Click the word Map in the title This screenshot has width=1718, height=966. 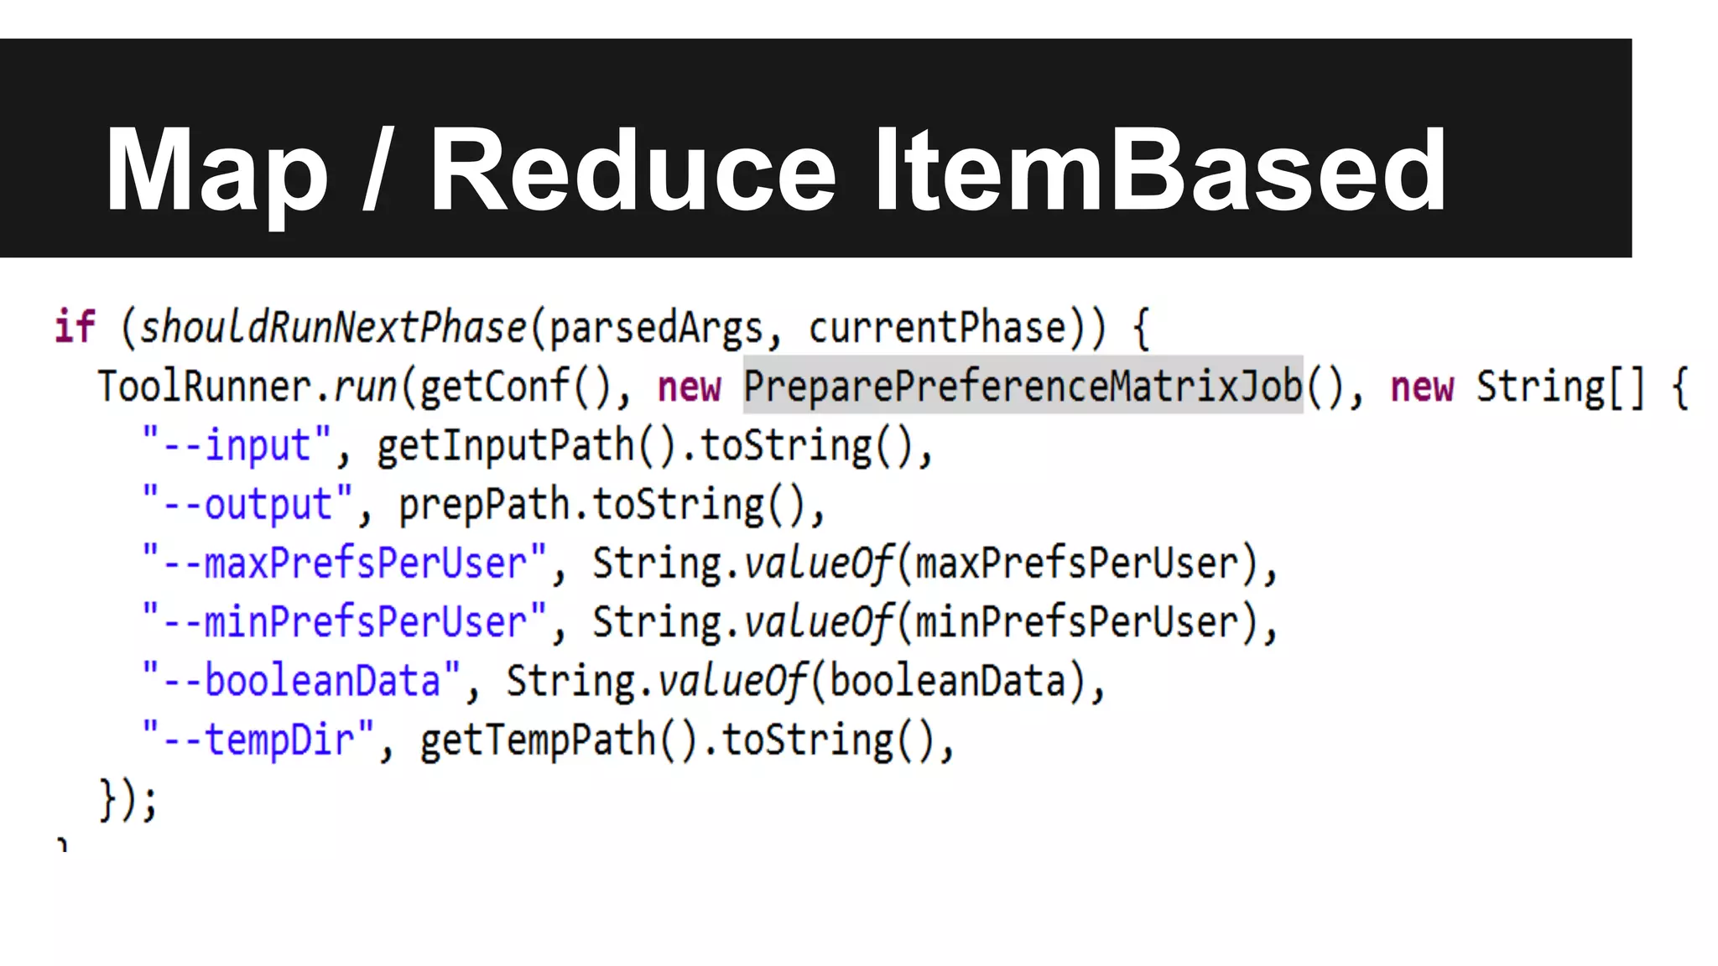216,170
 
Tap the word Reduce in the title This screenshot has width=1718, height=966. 633,170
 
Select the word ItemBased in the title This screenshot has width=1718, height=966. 1160,170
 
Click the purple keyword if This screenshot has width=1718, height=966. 75,326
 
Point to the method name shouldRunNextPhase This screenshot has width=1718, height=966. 332,326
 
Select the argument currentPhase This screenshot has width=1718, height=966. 937,326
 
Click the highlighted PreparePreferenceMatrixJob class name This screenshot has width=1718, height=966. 1023,386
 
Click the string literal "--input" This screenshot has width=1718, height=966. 237,445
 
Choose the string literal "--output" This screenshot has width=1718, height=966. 248,504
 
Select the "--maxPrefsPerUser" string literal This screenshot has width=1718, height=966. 345,563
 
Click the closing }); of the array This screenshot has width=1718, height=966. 128,799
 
